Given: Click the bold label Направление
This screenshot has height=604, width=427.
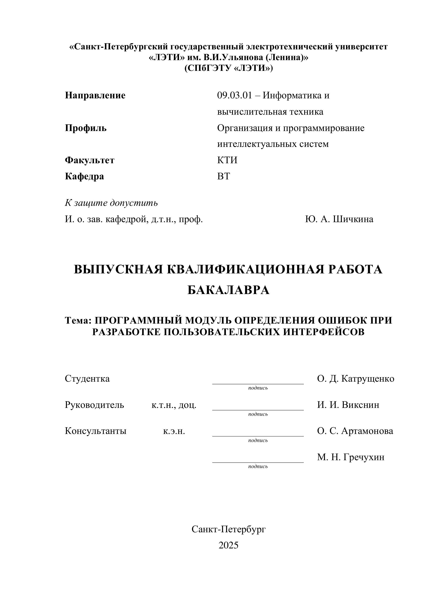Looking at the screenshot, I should click(x=95, y=95).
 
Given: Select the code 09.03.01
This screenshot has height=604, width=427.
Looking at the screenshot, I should click(x=234, y=95).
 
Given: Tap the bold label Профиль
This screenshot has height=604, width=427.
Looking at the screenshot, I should click(x=86, y=128).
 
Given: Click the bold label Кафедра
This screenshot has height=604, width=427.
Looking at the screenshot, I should click(x=84, y=176).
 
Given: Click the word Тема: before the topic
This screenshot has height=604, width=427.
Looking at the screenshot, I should click(x=78, y=320).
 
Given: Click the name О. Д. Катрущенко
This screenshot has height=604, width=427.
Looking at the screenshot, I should click(x=356, y=379).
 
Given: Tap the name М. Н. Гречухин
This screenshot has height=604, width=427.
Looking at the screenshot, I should click(x=350, y=457).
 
